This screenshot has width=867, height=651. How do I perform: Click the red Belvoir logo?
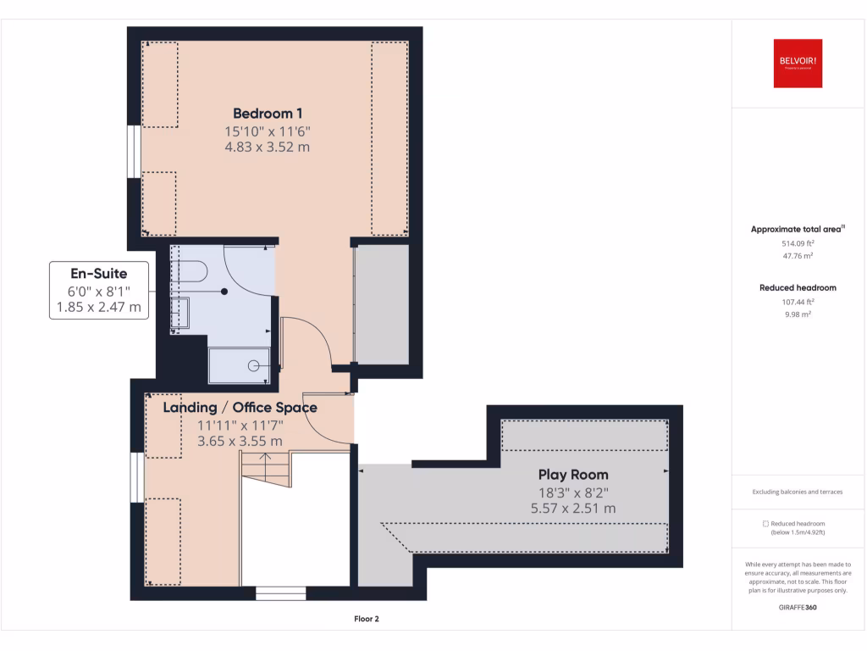tap(798, 63)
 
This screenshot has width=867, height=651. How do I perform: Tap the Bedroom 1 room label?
tap(268, 113)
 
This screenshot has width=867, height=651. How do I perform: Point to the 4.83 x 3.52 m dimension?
tap(268, 147)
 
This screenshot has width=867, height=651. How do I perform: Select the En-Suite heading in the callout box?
tap(99, 274)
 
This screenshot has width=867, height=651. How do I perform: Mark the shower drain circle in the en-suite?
tap(253, 366)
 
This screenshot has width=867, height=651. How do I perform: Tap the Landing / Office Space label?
tap(240, 408)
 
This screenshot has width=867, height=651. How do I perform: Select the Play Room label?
tap(573, 475)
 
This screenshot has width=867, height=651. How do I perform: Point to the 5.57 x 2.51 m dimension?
tap(573, 509)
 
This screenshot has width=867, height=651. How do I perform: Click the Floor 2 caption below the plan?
tap(366, 619)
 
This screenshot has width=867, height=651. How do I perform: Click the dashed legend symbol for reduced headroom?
tap(765, 524)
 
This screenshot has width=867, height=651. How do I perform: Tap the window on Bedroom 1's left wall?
tap(134, 152)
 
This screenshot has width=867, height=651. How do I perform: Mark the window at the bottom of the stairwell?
tap(280, 593)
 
